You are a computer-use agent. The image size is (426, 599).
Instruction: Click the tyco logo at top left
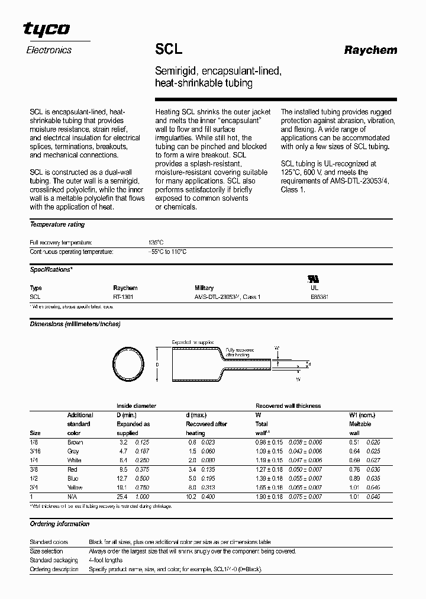[x=46, y=29]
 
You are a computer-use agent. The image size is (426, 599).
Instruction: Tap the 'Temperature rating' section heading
[x=57, y=225]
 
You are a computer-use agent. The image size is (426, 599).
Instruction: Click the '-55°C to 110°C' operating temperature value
[x=167, y=252]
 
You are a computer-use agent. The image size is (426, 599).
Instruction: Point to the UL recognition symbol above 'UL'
[x=311, y=278]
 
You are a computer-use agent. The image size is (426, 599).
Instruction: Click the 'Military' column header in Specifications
[x=204, y=288]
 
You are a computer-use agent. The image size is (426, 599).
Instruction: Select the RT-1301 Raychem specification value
[x=123, y=296]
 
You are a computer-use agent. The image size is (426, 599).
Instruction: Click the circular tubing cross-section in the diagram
[x=128, y=364]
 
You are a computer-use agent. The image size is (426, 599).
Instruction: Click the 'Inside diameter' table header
[x=136, y=406]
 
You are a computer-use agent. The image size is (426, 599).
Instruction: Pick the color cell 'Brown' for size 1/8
[x=76, y=442]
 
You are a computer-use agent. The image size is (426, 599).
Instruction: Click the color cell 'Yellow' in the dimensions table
[x=76, y=487]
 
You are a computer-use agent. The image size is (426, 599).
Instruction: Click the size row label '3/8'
[x=34, y=469]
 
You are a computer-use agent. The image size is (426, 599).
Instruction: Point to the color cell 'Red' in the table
[x=73, y=469]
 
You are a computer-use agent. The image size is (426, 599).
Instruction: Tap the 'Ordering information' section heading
[x=60, y=524]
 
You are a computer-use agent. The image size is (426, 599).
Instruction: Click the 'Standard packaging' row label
[x=54, y=560]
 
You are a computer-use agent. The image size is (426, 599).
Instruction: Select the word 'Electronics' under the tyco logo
[x=49, y=50]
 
